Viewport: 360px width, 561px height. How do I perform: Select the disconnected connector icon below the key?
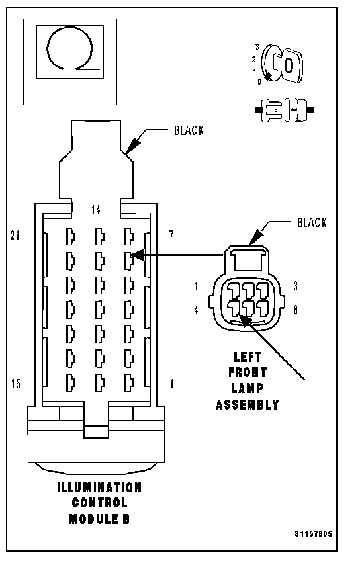click(285, 110)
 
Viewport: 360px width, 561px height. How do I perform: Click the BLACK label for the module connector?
click(189, 130)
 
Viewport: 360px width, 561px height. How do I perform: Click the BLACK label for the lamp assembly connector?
click(312, 222)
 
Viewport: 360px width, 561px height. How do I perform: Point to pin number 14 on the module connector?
click(95, 210)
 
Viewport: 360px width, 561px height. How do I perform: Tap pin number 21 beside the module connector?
click(15, 236)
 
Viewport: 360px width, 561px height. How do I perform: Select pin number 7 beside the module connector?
click(171, 236)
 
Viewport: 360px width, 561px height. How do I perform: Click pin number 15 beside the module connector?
click(15, 384)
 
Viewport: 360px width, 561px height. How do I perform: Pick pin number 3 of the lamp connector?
click(295, 286)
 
